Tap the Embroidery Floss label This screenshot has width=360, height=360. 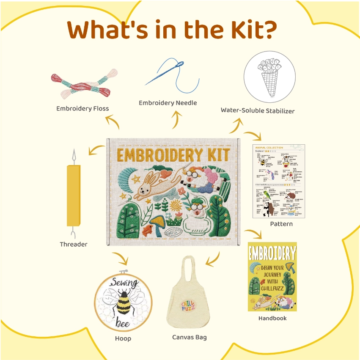pos(82,108)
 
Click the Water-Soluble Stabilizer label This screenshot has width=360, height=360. pos(258,110)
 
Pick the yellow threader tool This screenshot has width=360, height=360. pos(73,195)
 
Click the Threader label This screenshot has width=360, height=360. pos(73,244)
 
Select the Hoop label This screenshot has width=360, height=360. pos(123,338)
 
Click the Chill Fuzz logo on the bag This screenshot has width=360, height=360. pos(191,305)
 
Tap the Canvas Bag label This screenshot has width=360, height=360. pos(190,337)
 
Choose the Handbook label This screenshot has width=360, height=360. pos(272,318)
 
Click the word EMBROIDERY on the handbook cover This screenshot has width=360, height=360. pos(272,253)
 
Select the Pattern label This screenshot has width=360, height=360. pos(281,224)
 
